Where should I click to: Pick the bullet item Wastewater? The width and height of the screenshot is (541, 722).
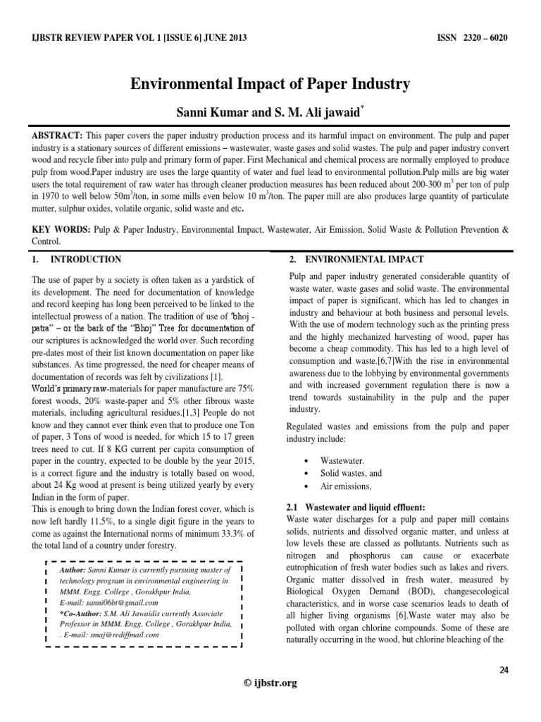[342, 460]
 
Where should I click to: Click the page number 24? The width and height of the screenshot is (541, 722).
[504, 670]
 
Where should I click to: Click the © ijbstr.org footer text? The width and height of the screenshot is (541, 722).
[270, 682]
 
